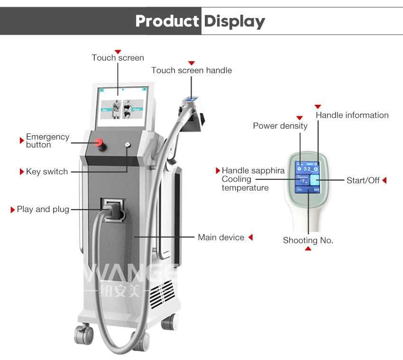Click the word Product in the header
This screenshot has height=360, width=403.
(x=167, y=21)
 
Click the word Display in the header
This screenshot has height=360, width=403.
(x=234, y=21)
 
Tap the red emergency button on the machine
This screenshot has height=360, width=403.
(x=100, y=142)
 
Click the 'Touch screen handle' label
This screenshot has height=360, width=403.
(x=192, y=70)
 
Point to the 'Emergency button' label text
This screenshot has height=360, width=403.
(x=47, y=141)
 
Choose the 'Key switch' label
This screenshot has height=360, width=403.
(x=47, y=172)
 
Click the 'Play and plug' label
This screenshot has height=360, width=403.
(x=43, y=209)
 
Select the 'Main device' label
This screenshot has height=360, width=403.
(x=221, y=237)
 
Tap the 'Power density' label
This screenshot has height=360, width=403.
(x=280, y=126)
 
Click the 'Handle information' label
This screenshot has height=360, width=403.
(x=352, y=115)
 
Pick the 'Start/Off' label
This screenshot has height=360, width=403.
(x=363, y=180)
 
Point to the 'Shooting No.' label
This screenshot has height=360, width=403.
(x=308, y=240)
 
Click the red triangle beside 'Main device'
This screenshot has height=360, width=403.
(x=250, y=237)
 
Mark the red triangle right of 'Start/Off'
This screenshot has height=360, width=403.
(x=384, y=180)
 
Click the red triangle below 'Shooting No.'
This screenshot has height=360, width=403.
(x=308, y=249)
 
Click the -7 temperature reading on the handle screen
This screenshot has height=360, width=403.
(x=302, y=181)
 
